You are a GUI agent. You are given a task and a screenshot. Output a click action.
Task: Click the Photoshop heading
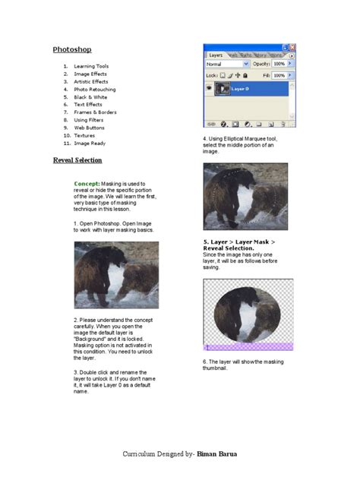click(x=71, y=49)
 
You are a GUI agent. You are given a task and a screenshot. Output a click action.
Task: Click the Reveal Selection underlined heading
click(x=77, y=160)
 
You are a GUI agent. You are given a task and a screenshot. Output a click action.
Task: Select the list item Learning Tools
click(x=90, y=66)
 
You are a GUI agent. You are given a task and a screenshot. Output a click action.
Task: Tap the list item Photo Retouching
click(x=94, y=89)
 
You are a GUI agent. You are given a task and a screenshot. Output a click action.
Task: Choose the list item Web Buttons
click(x=89, y=128)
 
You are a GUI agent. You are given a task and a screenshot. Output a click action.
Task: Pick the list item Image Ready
click(x=90, y=143)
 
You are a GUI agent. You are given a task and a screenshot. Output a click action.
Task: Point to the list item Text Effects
click(x=87, y=104)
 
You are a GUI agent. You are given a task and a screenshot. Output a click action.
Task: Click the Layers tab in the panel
click(x=215, y=55)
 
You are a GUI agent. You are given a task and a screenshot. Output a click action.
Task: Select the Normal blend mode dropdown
click(x=226, y=65)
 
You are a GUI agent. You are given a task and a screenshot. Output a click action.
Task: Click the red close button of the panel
click(x=292, y=47)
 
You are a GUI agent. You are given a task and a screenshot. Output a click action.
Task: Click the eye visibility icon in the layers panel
click(x=209, y=88)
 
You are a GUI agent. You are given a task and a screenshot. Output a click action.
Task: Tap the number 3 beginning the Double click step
click(x=75, y=372)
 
